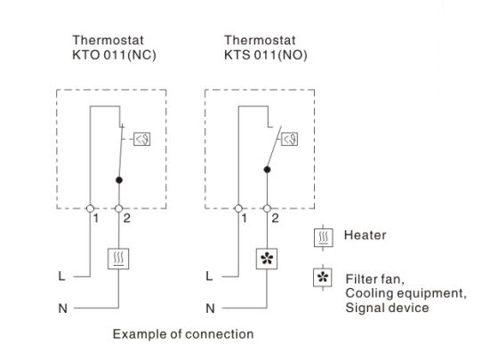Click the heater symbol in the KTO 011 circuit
(118, 259)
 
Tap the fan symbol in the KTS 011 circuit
(267, 259)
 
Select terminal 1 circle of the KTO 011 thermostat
(90, 209)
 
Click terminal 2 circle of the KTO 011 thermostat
(119, 209)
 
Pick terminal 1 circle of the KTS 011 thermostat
(238, 209)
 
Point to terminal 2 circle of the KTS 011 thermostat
(267, 209)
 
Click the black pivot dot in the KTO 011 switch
(119, 180)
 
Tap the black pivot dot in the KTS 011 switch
(267, 170)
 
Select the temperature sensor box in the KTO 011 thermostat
(141, 139)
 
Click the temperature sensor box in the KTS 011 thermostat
(290, 139)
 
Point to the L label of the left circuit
(61, 276)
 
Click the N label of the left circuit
(62, 308)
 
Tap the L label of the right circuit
(209, 276)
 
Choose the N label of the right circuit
(210, 308)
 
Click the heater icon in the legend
(324, 237)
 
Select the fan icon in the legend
(323, 277)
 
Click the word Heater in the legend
(365, 236)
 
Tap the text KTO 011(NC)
(115, 55)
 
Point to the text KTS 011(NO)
(266, 55)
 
